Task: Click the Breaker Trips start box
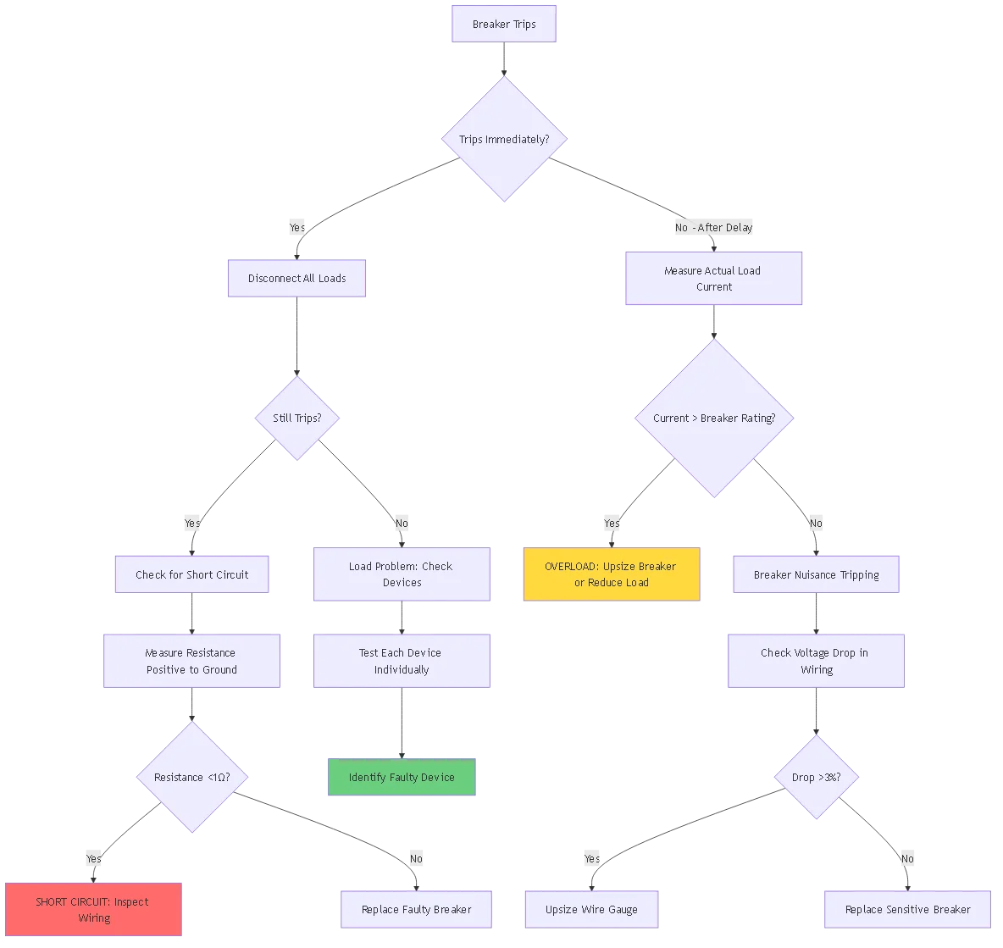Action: point(504,25)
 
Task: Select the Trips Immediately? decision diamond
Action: point(504,139)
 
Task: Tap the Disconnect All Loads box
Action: point(296,278)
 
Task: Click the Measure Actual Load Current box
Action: point(713,279)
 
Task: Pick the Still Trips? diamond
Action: point(296,418)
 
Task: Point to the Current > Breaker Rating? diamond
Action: point(714,418)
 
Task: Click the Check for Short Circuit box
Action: point(192,574)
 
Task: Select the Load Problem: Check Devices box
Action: point(402,574)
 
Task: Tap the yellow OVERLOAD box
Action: point(611,574)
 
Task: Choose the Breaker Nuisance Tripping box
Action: point(816,574)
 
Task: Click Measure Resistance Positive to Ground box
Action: point(191,661)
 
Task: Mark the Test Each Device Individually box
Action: point(402,661)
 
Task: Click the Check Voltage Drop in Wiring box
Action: point(816,661)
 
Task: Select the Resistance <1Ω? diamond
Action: point(191,777)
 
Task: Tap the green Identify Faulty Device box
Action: point(402,777)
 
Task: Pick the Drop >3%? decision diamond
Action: point(816,777)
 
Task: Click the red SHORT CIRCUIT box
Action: point(93,910)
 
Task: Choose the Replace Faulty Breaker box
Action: point(416,909)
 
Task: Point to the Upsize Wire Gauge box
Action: point(591,909)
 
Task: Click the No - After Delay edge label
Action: point(713,227)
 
